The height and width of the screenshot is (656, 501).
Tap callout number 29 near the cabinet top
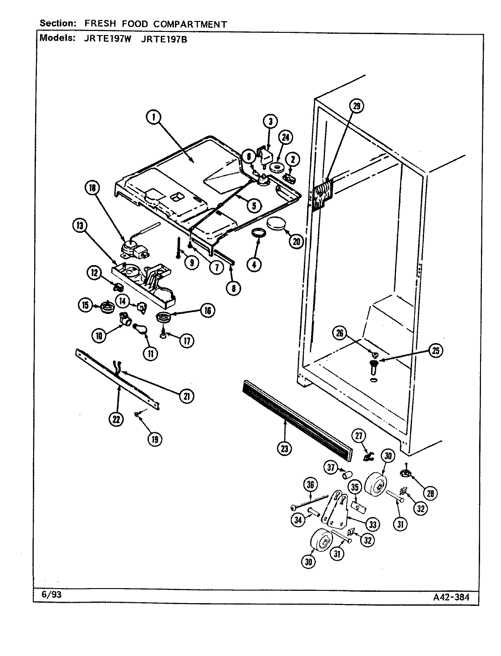(x=357, y=107)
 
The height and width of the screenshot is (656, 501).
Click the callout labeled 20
(x=296, y=241)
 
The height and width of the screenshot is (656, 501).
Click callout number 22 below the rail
(x=117, y=419)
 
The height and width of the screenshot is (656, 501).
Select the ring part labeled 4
(x=259, y=234)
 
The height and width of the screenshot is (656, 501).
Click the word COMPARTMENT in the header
(x=197, y=24)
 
